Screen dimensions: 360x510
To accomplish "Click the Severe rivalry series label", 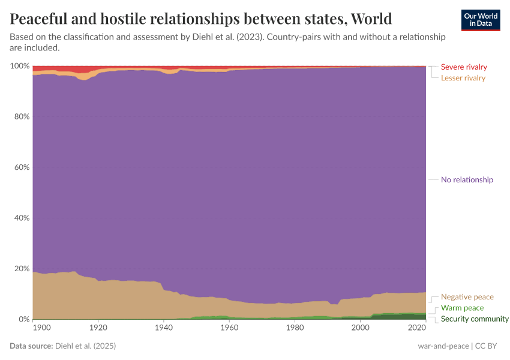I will pos(464,67).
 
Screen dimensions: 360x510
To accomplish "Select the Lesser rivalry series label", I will pos(463,78).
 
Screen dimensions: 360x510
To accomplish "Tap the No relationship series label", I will pos(467,179).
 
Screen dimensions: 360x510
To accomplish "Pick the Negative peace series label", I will pos(467,297).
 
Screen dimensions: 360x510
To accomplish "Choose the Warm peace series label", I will pos(462,308).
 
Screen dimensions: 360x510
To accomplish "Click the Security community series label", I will pos(475,319).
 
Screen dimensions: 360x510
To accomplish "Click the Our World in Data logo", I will pos(480,20).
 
